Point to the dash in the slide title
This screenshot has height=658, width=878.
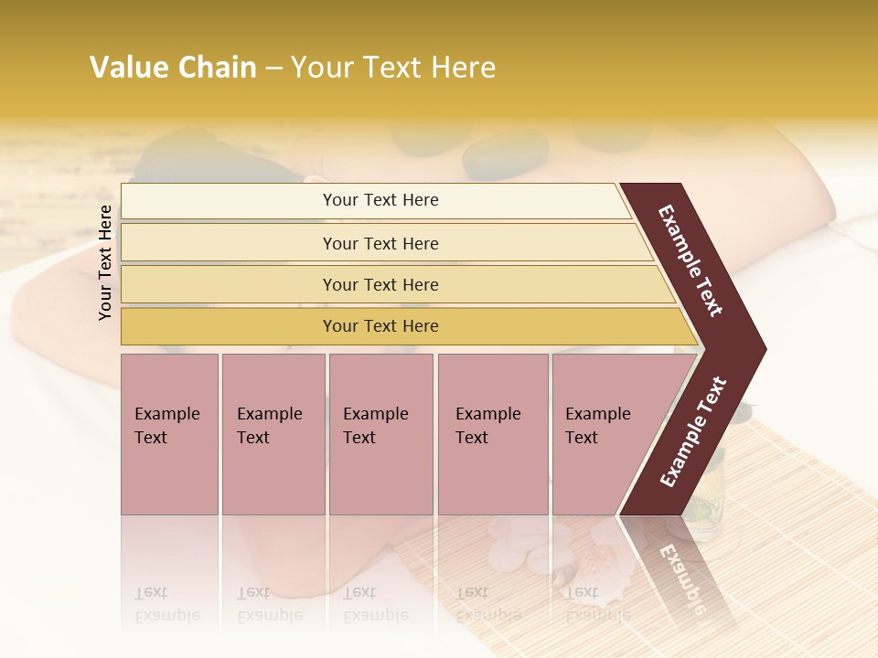coord(273,69)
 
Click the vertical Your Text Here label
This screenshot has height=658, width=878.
coord(105,262)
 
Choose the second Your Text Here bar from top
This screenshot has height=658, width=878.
coord(380,243)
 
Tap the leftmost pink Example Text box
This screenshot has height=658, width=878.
coord(169,434)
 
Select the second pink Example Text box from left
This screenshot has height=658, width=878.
coord(273,434)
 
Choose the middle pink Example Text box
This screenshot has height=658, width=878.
coord(380,434)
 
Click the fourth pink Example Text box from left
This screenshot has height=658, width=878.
coord(493,434)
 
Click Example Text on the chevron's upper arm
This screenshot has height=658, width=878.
coord(691,260)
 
